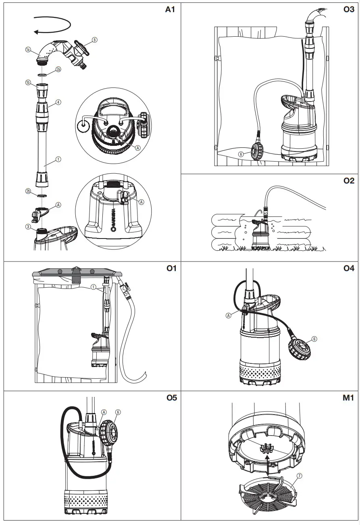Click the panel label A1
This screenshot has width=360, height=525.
click(170, 10)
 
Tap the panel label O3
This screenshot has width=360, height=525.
click(349, 10)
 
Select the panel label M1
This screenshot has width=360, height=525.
click(348, 398)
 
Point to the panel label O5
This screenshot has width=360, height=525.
click(171, 398)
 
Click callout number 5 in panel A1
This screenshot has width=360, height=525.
click(94, 40)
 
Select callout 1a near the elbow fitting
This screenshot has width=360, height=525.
click(28, 50)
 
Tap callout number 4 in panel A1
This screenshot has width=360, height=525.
click(58, 102)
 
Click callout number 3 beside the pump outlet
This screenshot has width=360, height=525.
click(28, 227)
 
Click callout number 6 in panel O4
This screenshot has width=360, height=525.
click(314, 339)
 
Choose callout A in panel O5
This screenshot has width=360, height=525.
click(104, 412)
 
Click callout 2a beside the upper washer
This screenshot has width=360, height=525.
click(58, 70)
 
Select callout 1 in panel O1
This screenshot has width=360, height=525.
click(93, 287)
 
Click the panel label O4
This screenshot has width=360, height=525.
click(349, 268)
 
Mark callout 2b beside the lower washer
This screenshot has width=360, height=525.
click(28, 191)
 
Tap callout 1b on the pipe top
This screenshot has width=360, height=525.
click(28, 83)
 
